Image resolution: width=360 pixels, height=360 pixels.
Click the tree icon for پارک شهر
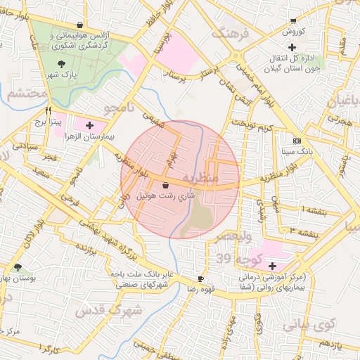63,64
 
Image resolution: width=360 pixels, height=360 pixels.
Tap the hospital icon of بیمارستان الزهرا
89,125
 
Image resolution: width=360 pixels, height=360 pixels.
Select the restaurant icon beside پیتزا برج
49,110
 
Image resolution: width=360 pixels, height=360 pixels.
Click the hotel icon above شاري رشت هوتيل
165,185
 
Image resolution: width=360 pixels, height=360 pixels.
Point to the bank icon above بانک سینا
296,141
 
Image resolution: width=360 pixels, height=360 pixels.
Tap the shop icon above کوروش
293,21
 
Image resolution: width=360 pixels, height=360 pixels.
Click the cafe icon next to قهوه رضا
201,278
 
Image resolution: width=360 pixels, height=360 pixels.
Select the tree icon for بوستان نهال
18,267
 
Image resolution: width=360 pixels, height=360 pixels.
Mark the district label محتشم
25,94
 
